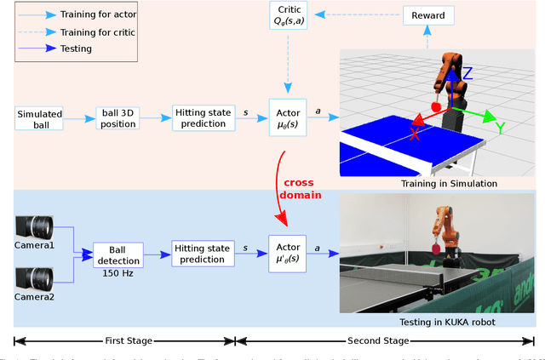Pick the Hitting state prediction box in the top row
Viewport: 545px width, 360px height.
pyautogui.click(x=202, y=119)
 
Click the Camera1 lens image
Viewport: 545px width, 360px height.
pyautogui.click(x=35, y=227)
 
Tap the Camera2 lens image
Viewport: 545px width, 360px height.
pyautogui.click(x=35, y=277)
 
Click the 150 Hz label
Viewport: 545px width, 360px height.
pyautogui.click(x=119, y=272)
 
